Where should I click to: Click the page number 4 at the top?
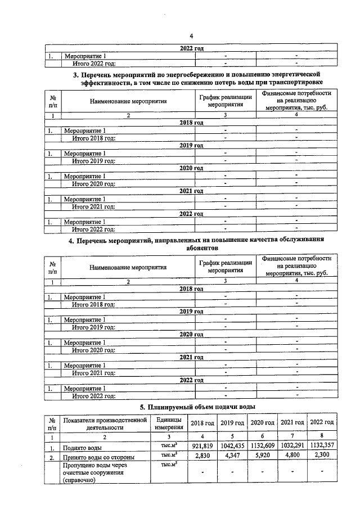191,37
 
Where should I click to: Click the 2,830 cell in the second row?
201,456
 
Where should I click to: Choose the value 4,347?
232,456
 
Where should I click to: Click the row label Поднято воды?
82,448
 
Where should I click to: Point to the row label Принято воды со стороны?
98,457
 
